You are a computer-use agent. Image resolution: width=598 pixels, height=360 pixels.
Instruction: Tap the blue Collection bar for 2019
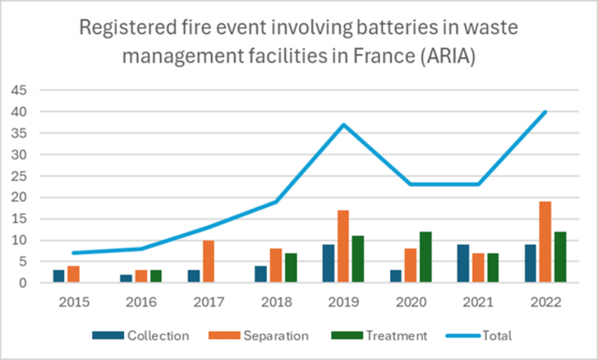coord(328,264)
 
